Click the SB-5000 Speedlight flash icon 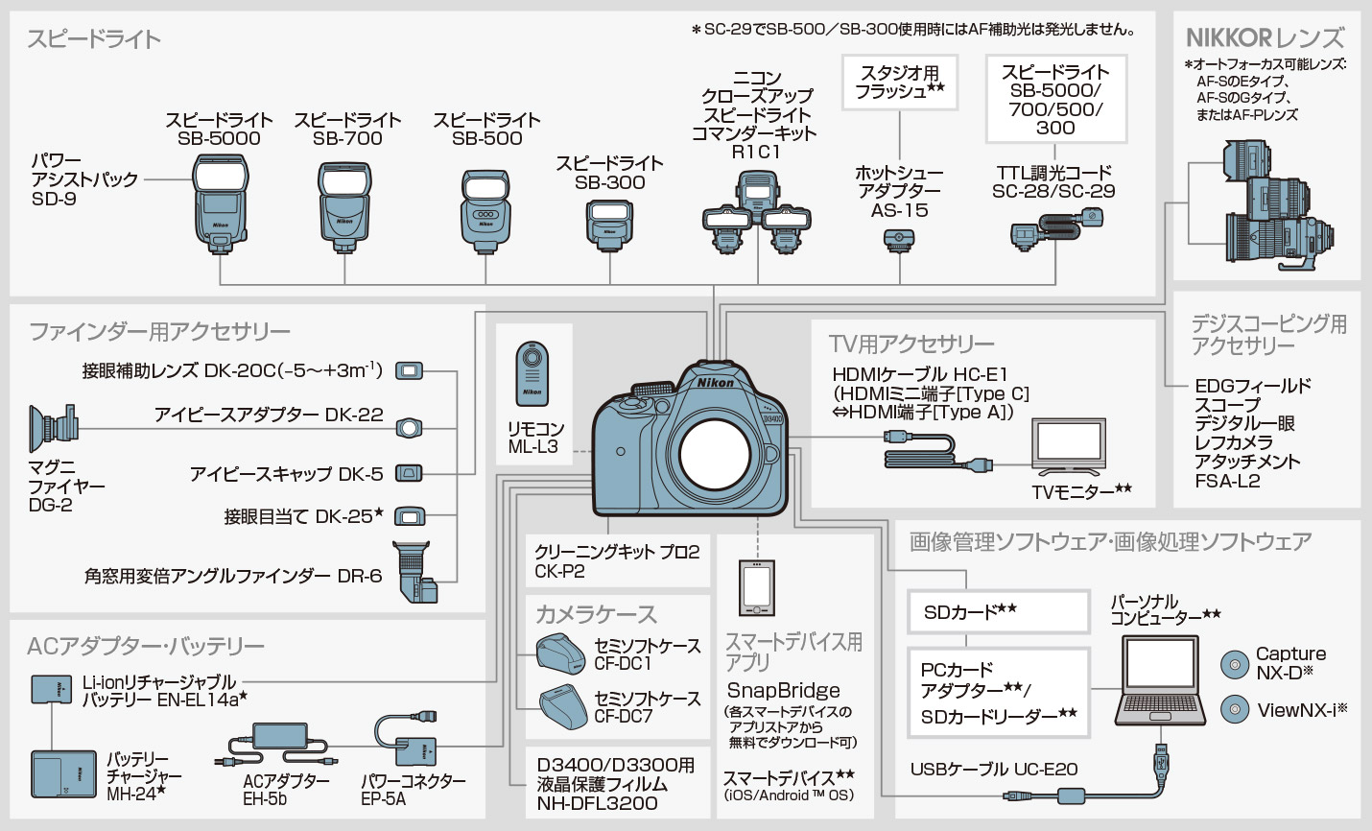pos(221,203)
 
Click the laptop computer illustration pos(1160,683)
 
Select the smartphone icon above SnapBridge pos(757,586)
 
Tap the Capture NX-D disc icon pos(1234,664)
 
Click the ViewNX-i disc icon pos(1234,710)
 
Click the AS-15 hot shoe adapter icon pos(899,241)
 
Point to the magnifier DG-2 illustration pos(54,427)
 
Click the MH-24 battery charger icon pos(63,774)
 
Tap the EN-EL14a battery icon pos(51,689)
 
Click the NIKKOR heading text pos(1265,38)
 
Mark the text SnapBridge pos(783,691)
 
